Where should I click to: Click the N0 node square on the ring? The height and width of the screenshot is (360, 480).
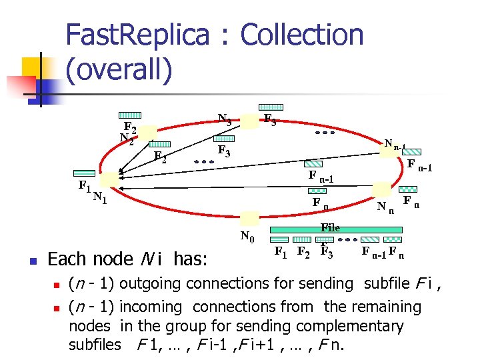[250, 219]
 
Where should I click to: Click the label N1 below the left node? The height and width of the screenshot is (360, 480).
[100, 197]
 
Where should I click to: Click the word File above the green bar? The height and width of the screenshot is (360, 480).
[330, 227]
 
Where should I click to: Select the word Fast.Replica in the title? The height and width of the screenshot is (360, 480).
[142, 35]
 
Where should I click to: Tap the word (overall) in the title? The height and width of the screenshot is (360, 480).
[119, 70]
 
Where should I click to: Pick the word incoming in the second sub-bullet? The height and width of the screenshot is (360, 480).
[153, 307]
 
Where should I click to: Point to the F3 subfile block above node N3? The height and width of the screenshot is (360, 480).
[271, 107]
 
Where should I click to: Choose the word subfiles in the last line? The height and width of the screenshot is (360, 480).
[95, 345]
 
